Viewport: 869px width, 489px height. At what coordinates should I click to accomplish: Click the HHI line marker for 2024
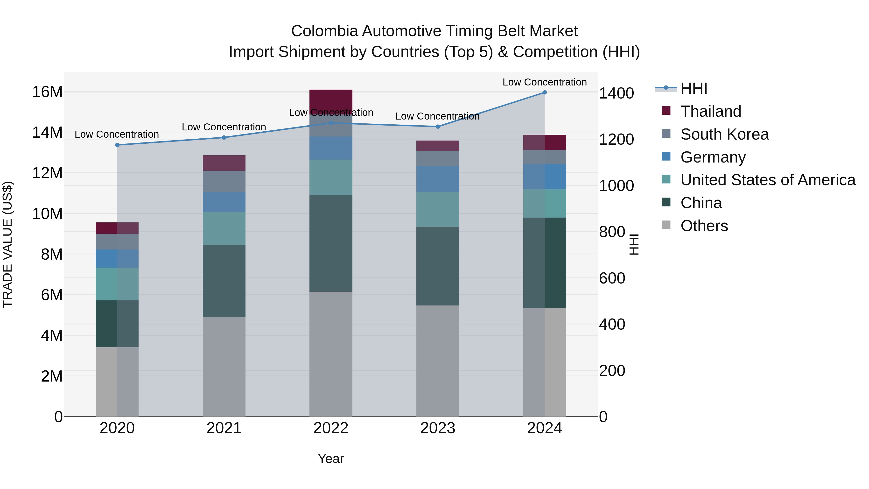coord(545,92)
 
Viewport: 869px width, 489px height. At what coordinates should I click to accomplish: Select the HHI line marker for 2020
coord(117,145)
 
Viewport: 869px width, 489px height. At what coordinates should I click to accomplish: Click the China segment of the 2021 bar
coord(224,281)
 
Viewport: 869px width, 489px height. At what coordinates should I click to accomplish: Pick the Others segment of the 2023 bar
coord(438,361)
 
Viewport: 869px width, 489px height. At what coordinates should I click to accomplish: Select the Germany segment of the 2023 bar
coord(438,179)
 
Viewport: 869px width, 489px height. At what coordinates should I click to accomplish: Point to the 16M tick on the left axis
coord(47,92)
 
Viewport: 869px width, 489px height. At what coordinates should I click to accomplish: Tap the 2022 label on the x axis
coord(331,428)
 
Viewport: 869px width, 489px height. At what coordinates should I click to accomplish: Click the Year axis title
coord(331,459)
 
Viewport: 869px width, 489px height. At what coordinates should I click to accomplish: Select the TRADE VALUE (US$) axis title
coord(7,244)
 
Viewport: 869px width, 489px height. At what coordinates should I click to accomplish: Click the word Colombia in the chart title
coord(324,31)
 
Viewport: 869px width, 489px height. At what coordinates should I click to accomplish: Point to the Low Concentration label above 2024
coord(545,82)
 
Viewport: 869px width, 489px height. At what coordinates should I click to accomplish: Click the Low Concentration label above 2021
coord(224,127)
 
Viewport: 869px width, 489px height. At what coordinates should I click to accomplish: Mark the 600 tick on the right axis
coord(612,278)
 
